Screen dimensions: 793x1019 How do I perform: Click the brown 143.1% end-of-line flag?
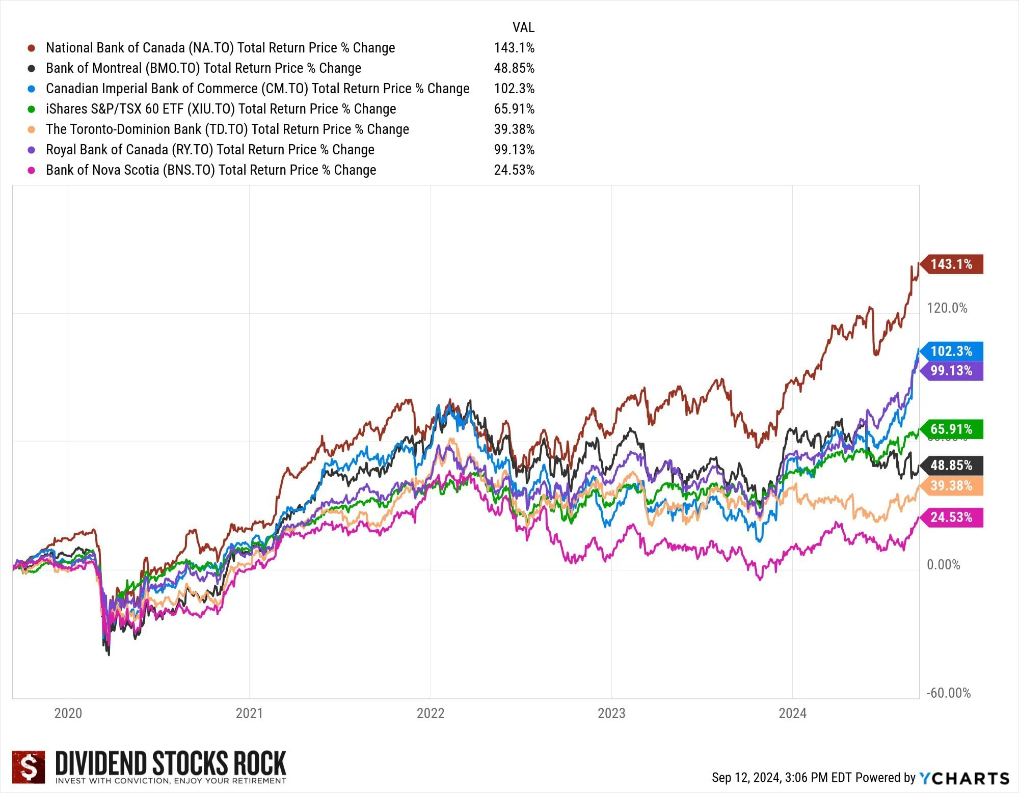pos(952,264)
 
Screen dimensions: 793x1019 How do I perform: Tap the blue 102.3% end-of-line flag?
pos(952,351)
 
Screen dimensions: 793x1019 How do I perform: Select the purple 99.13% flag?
pos(952,371)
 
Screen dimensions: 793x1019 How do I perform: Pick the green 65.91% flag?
pos(952,429)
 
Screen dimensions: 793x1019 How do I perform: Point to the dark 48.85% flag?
pos(952,466)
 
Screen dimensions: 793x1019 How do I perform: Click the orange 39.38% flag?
pos(952,486)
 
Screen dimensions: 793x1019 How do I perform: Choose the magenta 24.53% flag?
pos(952,517)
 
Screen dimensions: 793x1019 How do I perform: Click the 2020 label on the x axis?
pos(68,713)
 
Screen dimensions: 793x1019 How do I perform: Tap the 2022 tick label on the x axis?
pos(431,713)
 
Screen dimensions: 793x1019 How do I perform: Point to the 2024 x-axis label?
pos(792,713)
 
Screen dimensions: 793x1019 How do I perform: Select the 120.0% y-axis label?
pos(947,308)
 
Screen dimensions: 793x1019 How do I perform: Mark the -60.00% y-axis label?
pos(948,693)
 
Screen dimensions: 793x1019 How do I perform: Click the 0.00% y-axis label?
pos(943,565)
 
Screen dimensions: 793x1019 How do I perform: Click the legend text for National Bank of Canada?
pos(220,48)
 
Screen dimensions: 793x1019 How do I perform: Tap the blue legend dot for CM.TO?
pos(32,89)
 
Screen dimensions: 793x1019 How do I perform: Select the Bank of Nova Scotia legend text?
pos(211,170)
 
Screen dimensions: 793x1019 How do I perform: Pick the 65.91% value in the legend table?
pos(514,109)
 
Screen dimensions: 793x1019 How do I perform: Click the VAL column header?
pos(523,28)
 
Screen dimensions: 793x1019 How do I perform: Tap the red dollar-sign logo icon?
pos(29,767)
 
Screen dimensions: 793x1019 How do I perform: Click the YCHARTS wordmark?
pos(964,778)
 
